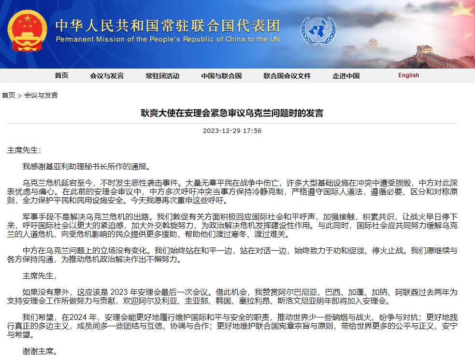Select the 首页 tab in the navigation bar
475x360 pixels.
[61, 76]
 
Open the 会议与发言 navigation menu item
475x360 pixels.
[107, 76]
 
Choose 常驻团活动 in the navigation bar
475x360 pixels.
[162, 76]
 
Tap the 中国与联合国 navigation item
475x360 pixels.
[221, 76]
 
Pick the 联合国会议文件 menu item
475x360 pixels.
[287, 76]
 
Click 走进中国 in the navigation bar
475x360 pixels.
[346, 76]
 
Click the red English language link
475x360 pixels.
[409, 75]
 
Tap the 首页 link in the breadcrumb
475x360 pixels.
[8, 95]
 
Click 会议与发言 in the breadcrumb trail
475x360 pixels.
[41, 95]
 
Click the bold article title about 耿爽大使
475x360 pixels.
[232, 114]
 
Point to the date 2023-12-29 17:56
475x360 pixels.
[232, 131]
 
